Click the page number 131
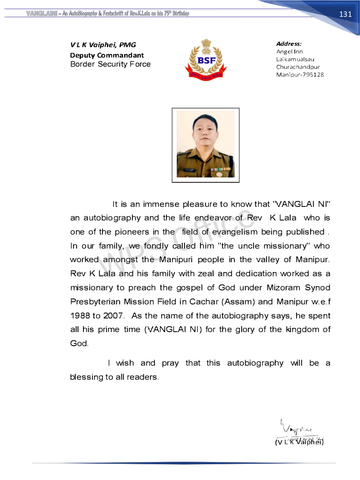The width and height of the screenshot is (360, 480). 345,14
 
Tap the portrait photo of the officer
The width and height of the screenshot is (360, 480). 205,144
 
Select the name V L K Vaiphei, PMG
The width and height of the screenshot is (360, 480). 103,45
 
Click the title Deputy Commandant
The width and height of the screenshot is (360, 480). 107,55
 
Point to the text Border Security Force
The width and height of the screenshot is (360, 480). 110,64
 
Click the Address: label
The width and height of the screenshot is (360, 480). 289,44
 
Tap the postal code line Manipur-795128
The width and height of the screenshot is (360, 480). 300,75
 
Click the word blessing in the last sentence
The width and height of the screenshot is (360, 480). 86,377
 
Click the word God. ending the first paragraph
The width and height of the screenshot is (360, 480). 79,343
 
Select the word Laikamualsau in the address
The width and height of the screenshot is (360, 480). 295,59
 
